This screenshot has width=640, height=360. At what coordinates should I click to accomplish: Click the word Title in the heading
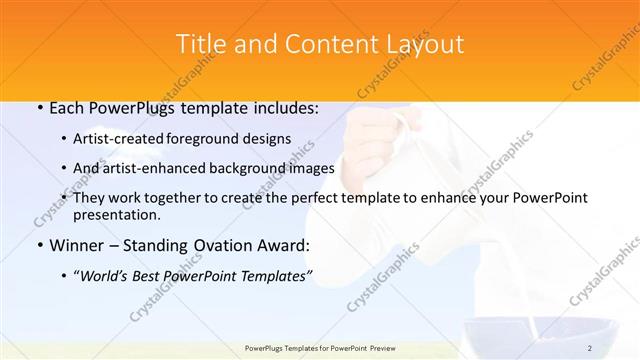click(199, 44)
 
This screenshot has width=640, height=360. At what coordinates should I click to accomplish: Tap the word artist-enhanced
click(162, 168)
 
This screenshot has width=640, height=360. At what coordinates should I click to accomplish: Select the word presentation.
click(116, 214)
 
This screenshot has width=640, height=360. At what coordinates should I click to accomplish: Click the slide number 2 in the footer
click(590, 348)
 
